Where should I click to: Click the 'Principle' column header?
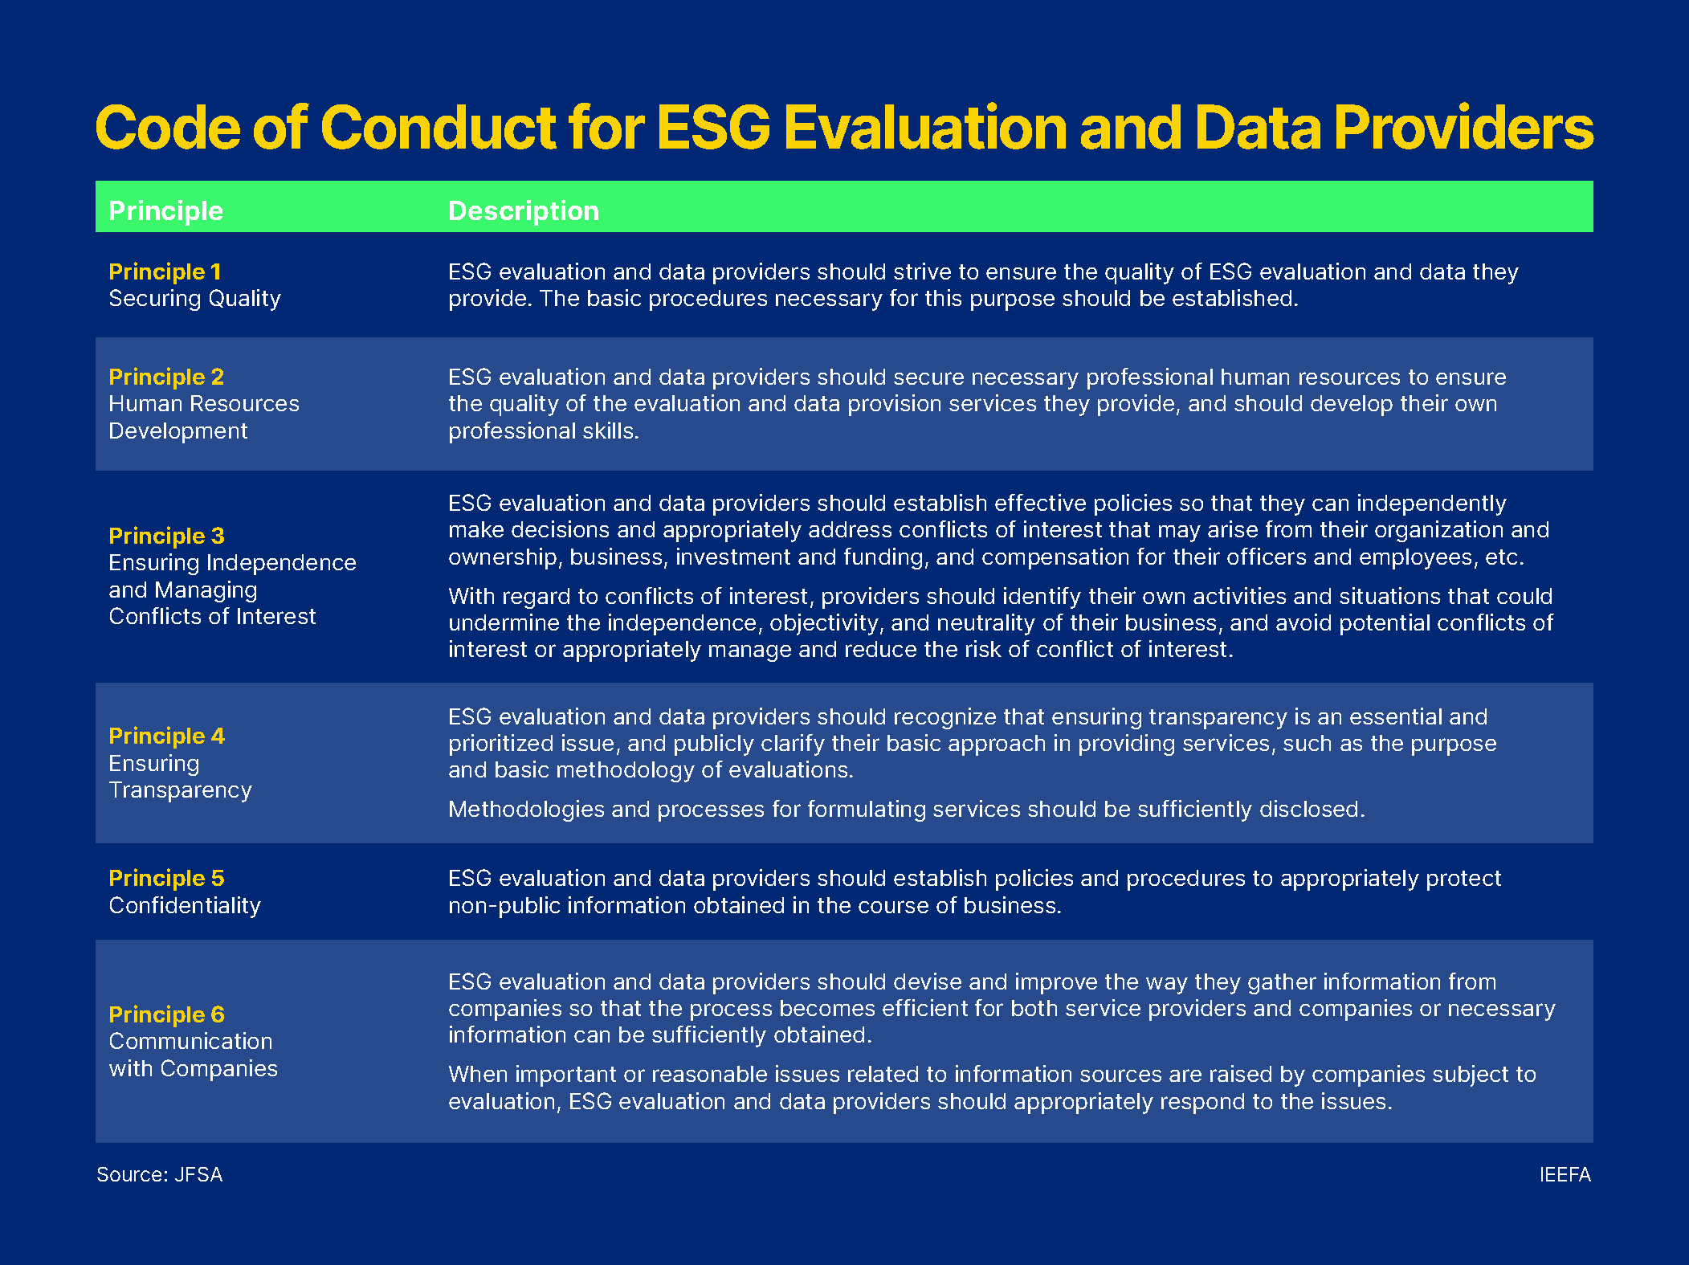165,210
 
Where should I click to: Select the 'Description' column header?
523,210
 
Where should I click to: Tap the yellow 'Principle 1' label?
165,271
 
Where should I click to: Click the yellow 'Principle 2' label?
166,377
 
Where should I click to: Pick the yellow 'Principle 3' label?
166,536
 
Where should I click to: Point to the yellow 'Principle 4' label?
166,736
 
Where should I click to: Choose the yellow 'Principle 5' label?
166,878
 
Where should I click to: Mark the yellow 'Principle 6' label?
166,1014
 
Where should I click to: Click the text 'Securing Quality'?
194,299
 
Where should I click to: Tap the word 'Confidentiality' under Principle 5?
185,906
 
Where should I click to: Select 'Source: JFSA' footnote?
159,1174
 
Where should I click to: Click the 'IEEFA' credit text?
1565,1174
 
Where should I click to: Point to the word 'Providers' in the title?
1463,129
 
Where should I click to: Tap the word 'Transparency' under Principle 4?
180,790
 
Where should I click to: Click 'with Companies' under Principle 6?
193,1068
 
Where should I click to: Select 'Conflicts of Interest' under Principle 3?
212,617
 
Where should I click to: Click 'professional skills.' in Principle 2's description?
543,431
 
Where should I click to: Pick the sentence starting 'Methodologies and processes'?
906,810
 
